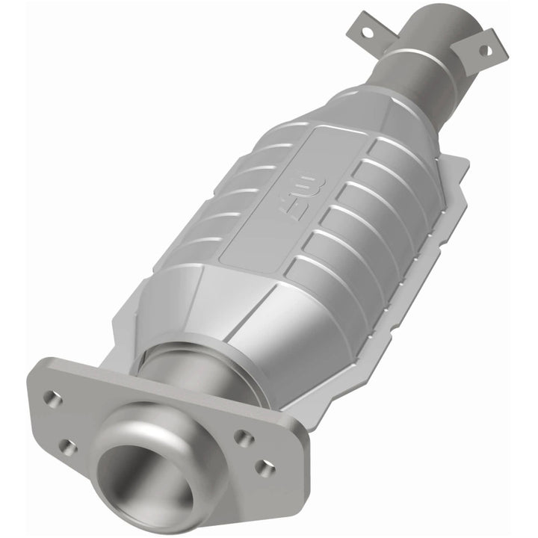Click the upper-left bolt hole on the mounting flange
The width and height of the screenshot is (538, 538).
click(52, 398)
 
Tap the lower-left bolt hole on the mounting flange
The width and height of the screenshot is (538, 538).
click(68, 448)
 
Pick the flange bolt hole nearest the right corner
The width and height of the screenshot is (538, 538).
click(263, 468)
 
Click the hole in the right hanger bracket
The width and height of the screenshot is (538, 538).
click(484, 51)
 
